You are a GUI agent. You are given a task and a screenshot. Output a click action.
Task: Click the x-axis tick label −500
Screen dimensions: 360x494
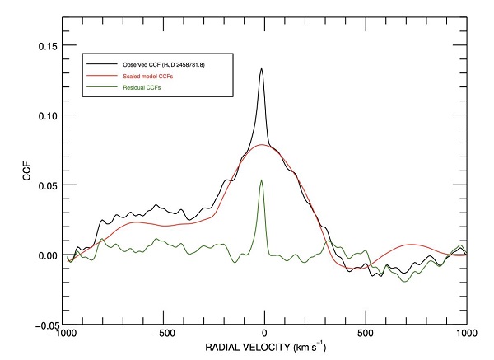[x=162, y=335]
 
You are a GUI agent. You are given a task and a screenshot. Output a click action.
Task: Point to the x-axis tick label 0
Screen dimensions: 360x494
[x=265, y=335]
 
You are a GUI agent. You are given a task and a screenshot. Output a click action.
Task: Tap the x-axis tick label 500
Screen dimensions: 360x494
[x=366, y=335]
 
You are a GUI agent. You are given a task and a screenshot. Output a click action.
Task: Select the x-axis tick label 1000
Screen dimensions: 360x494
[x=466, y=335]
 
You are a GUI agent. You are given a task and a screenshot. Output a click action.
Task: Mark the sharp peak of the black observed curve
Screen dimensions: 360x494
[x=262, y=68]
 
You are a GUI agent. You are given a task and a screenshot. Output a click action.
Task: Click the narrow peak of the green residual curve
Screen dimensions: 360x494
[x=262, y=180]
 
